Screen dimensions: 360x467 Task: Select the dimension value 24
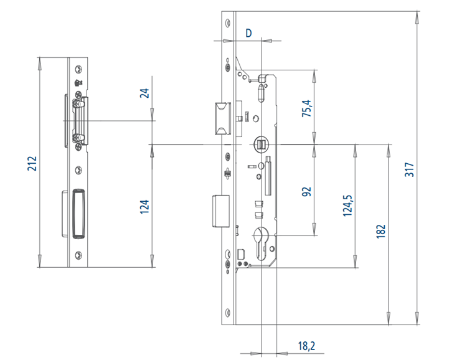(x=144, y=93)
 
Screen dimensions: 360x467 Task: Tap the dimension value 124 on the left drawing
(x=144, y=206)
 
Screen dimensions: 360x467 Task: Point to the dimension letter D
(x=248, y=32)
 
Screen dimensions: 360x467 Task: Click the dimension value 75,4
(x=306, y=108)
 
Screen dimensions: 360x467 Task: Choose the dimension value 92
(x=306, y=191)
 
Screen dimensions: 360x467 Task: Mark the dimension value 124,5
(x=348, y=205)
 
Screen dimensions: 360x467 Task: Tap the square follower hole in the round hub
(x=261, y=144)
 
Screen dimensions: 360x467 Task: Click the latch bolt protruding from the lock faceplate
(x=220, y=118)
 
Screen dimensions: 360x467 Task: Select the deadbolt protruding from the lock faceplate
(x=220, y=210)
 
